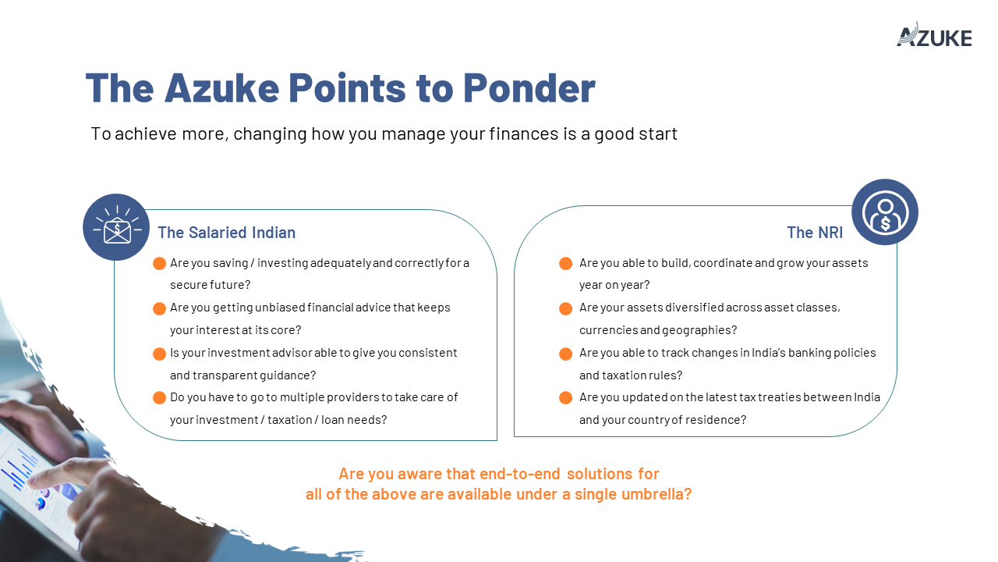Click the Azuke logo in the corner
[934, 35]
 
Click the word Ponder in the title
[529, 88]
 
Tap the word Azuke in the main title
[221, 88]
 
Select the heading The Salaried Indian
[226, 233]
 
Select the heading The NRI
[815, 233]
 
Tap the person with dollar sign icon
[885, 213]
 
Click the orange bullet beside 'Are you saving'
[159, 263]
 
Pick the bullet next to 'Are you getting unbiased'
[159, 308]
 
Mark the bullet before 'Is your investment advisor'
[159, 354]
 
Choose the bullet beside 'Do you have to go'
[159, 397]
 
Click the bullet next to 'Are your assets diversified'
[565, 308]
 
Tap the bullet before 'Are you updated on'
[565, 397]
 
